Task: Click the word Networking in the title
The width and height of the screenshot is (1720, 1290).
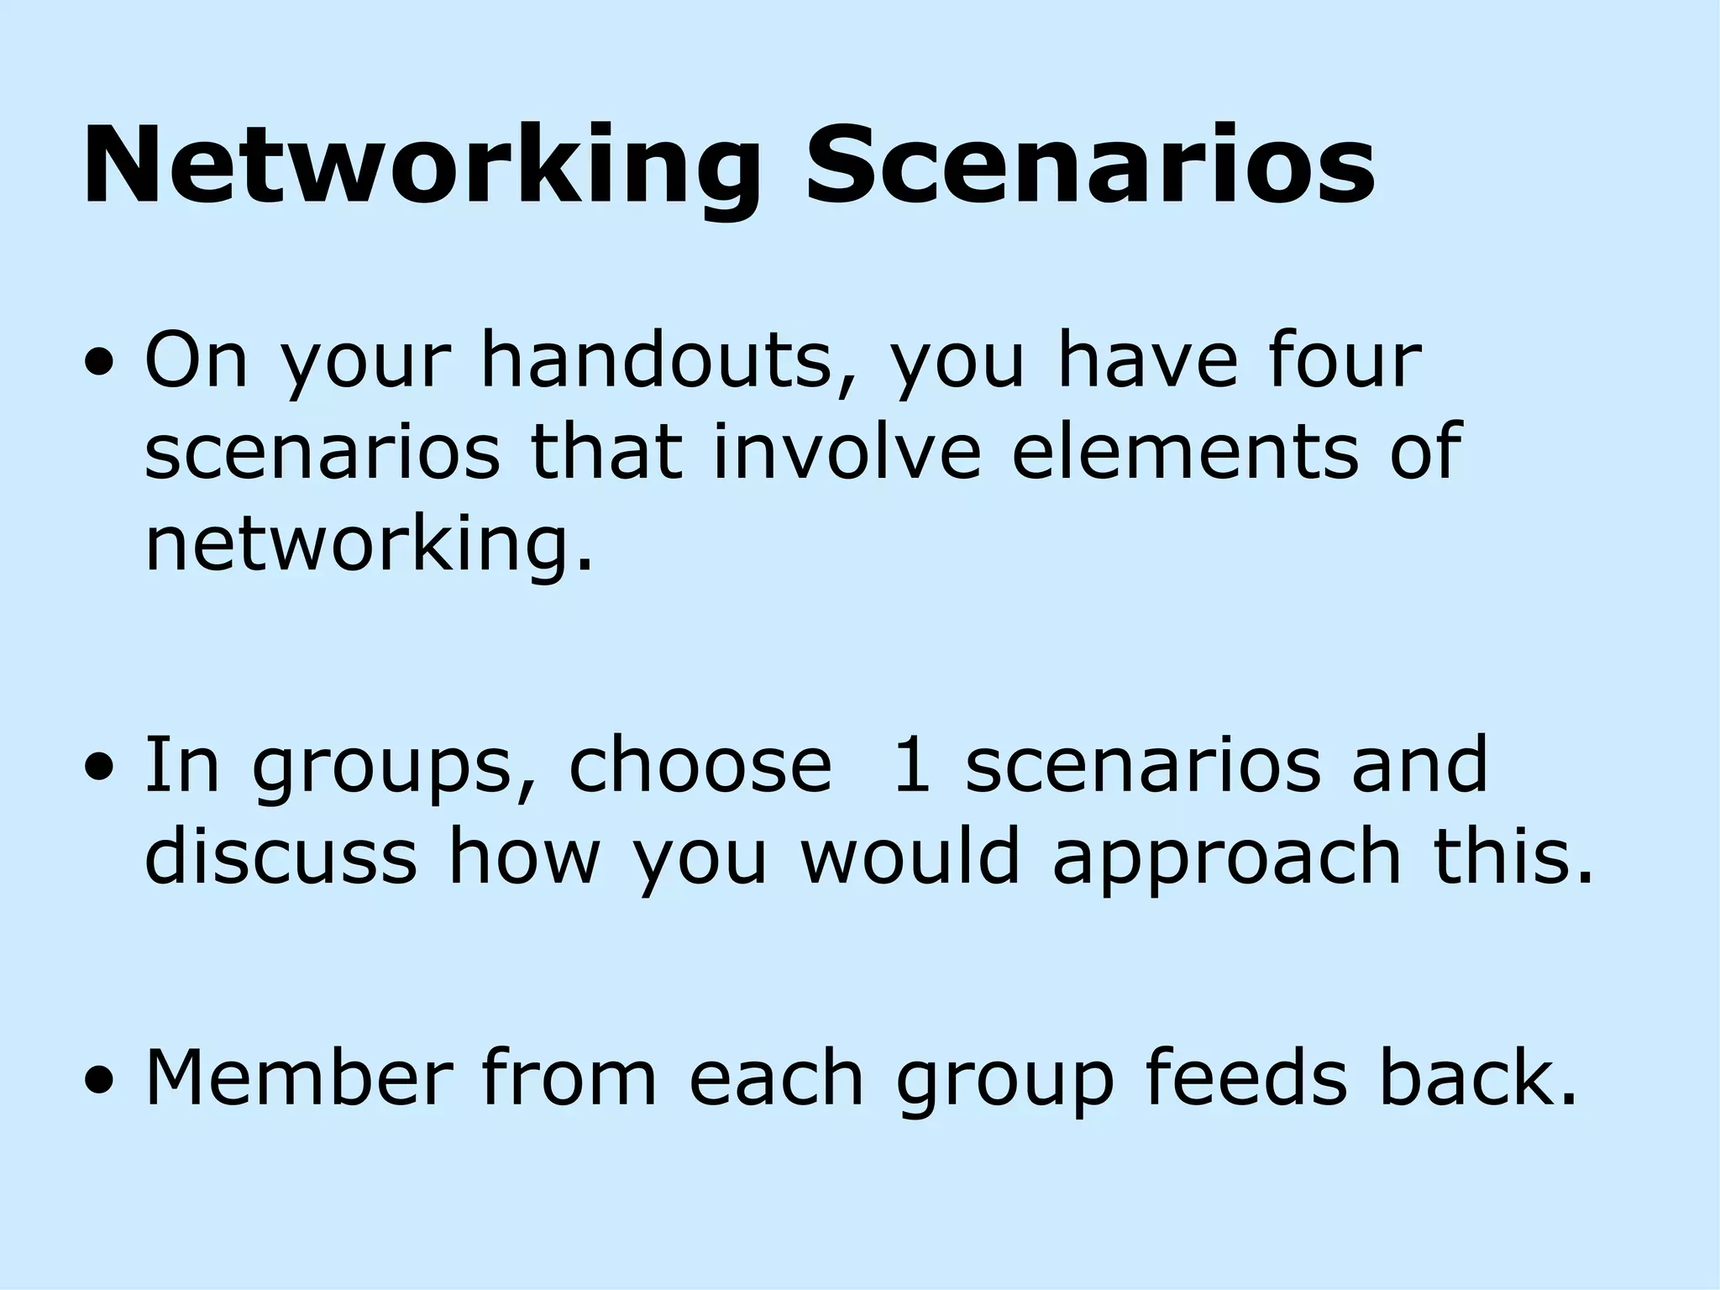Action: click(x=421, y=166)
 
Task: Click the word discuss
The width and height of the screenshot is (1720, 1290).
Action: click(x=281, y=857)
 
